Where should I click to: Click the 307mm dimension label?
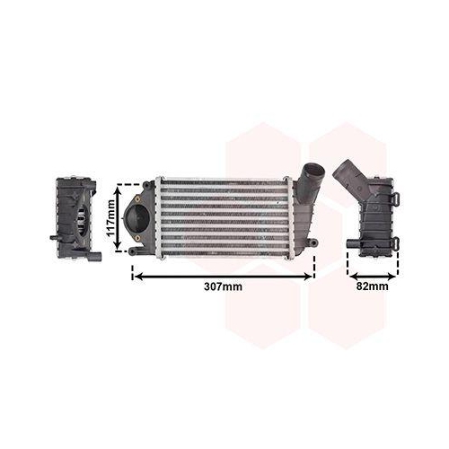click(x=223, y=286)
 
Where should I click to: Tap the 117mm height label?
click(x=110, y=217)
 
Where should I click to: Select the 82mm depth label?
click(x=372, y=286)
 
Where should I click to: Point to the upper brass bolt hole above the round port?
click(x=138, y=198)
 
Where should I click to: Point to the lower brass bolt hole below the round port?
click(x=137, y=238)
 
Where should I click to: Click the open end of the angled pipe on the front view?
click(x=313, y=172)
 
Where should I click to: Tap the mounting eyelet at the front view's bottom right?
click(x=313, y=242)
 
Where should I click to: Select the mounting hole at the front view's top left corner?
click(x=146, y=184)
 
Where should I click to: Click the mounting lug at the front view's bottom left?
click(x=133, y=251)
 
